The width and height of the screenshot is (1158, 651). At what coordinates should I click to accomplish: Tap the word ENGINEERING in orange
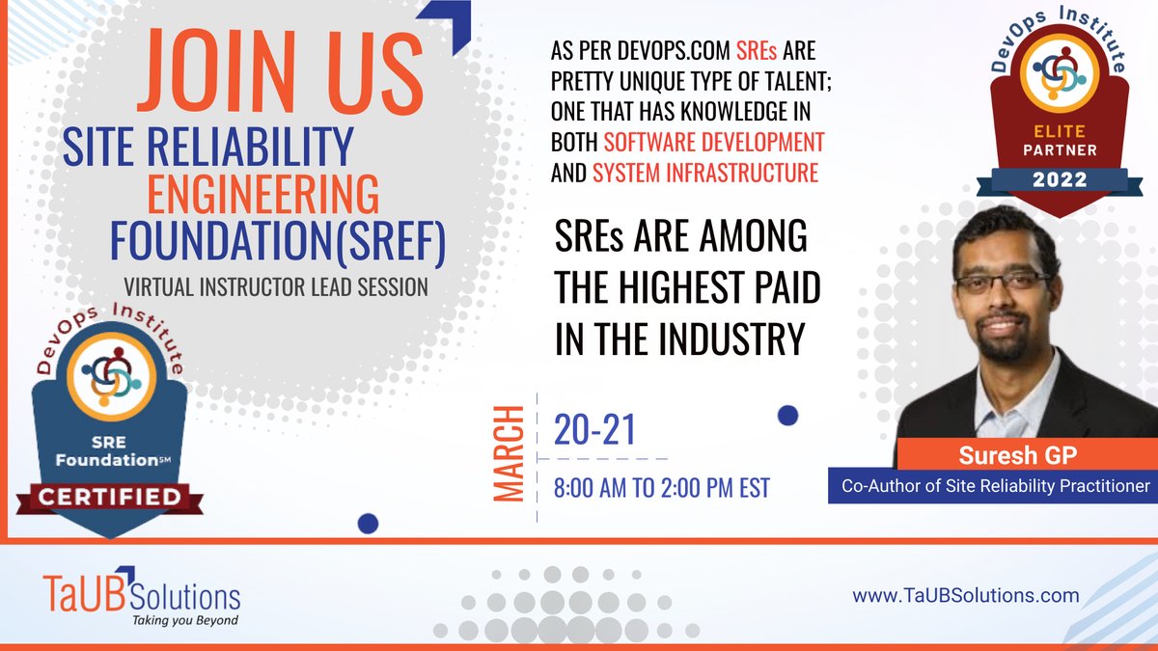(262, 196)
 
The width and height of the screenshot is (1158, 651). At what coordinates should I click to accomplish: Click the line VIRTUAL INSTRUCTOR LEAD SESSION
(276, 286)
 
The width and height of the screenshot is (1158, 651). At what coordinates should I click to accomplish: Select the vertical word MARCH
(508, 453)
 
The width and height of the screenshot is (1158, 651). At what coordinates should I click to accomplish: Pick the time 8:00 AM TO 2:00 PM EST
(661, 488)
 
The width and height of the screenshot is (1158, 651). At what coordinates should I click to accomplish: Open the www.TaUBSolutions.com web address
(965, 595)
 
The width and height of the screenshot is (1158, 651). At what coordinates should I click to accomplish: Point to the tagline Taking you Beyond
(185, 619)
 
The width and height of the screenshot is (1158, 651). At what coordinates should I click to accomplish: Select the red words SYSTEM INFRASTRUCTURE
(704, 174)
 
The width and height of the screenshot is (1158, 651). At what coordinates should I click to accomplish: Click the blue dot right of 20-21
(787, 416)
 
